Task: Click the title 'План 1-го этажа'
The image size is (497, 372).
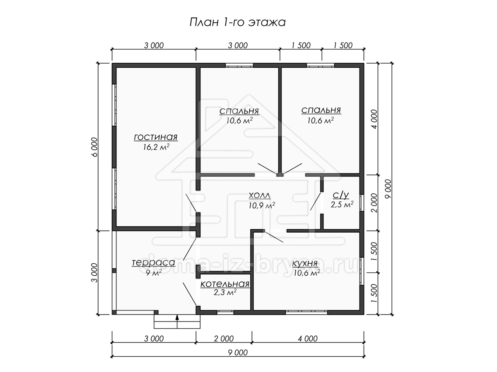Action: coord(237,23)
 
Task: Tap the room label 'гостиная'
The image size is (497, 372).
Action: coord(156,137)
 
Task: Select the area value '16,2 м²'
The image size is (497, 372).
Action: coord(156,147)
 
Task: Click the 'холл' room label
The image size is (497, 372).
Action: coord(260,196)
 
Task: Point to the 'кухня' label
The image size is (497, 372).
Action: coord(305,263)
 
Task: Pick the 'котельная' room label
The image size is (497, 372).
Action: coord(225,284)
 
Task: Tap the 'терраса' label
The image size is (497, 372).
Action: coord(154,262)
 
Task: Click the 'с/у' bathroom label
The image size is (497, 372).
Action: coord(341,195)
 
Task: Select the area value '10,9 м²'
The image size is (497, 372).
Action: coord(262,205)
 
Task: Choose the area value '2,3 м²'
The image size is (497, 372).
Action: coord(225,293)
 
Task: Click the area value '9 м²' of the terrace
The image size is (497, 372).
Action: coord(154,273)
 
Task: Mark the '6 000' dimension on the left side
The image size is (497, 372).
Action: coord(95,147)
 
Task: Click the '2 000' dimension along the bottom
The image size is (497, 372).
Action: coord(224,339)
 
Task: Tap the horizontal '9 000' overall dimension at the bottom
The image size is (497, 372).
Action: coord(238,352)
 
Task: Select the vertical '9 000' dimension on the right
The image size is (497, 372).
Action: coord(388,189)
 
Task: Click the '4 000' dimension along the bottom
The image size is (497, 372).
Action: coord(308,339)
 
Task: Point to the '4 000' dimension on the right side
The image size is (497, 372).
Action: coord(374,119)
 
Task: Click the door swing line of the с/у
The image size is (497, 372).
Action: coord(316,201)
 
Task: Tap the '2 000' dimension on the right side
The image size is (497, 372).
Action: coord(374,203)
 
